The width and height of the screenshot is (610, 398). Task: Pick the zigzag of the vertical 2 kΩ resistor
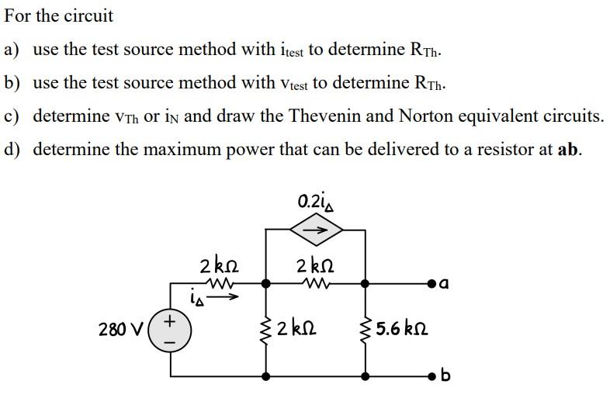pyautogui.click(x=266, y=330)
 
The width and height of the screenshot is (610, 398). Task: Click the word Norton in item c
pyautogui.click(x=426, y=116)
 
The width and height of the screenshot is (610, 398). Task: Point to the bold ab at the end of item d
pyautogui.click(x=568, y=149)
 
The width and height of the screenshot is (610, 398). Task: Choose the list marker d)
pyautogui.click(x=13, y=149)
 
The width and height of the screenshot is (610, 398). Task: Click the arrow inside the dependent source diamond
pyautogui.click(x=316, y=230)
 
